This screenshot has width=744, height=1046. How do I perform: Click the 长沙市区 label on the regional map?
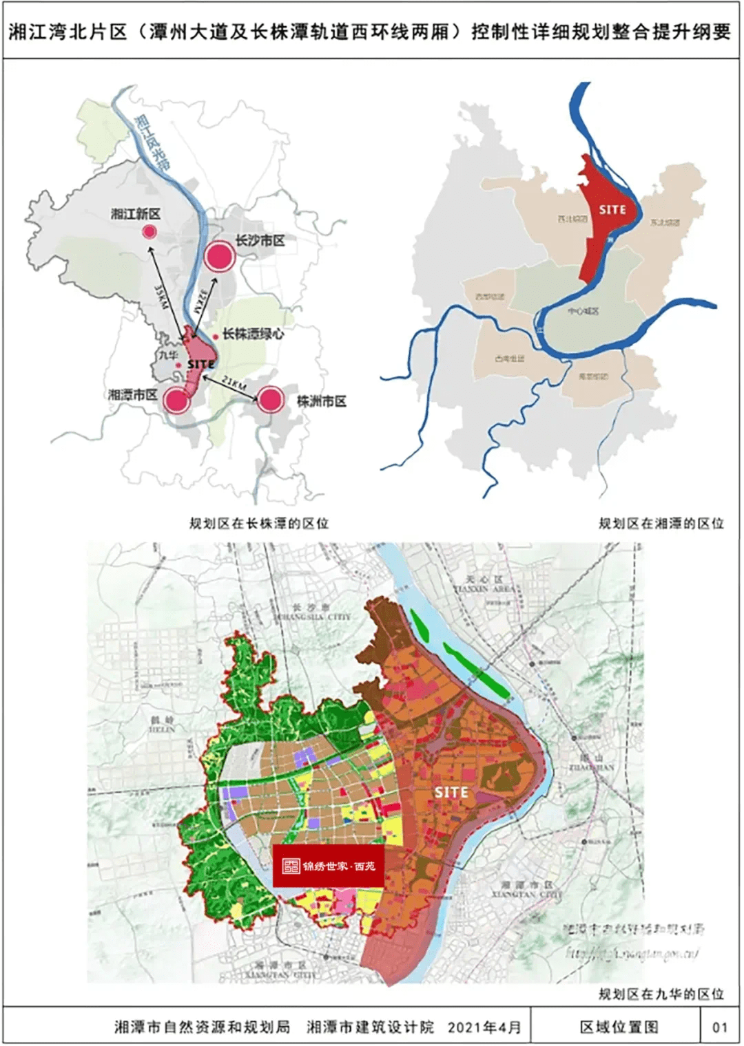(260, 241)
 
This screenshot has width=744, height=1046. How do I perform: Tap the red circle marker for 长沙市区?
(220, 257)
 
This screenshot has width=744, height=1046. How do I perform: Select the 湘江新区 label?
(136, 214)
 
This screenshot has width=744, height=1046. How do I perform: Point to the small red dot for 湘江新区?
(149, 232)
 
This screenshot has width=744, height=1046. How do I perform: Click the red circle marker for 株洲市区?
(271, 399)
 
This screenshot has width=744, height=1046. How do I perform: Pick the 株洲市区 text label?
(322, 401)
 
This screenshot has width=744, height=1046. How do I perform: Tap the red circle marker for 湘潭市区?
(176, 400)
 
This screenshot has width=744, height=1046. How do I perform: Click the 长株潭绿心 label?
(253, 334)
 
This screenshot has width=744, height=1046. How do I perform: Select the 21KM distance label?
(234, 384)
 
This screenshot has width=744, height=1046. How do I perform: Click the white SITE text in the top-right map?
(612, 209)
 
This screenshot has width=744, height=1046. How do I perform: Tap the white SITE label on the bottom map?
(451, 793)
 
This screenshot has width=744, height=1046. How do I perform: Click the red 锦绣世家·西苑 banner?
(328, 866)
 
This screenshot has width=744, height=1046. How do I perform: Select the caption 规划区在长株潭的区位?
(259, 524)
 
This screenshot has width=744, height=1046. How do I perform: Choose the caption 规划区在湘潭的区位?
(661, 524)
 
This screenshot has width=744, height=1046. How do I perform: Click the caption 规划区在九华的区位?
(661, 994)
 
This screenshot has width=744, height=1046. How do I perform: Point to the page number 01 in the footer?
(720, 1027)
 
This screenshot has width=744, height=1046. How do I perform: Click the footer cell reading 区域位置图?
(619, 1027)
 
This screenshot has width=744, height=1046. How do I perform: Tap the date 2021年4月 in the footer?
(484, 1027)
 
